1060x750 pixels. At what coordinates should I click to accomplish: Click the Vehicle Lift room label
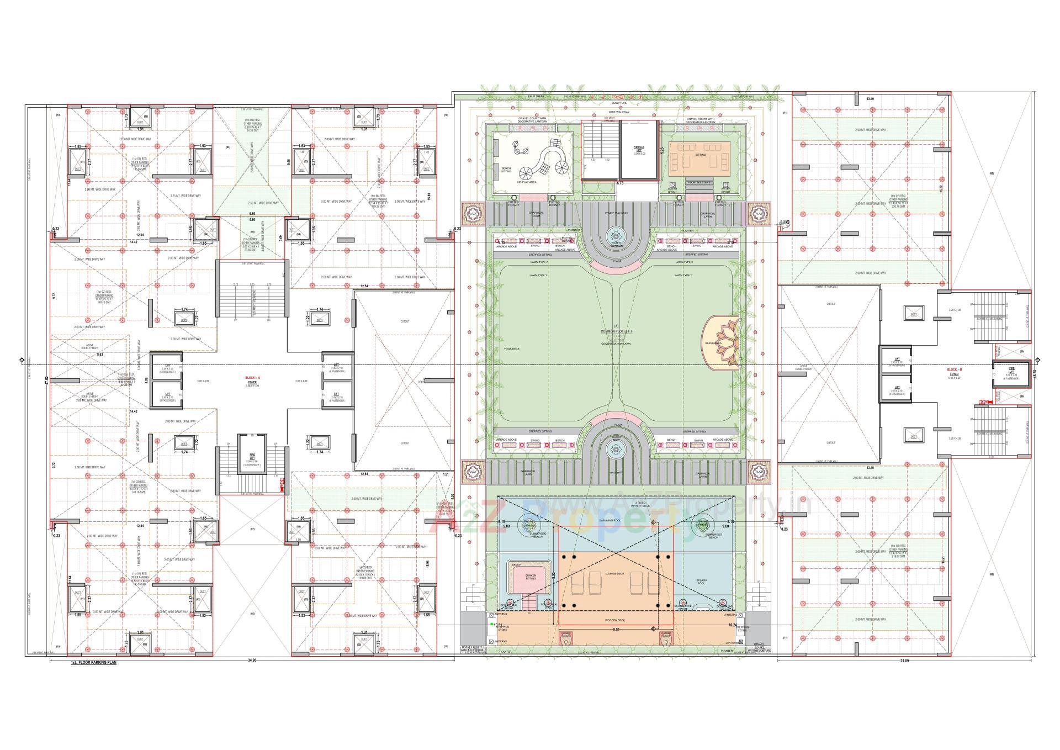click(639, 149)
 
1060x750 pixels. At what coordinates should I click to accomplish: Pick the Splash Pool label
click(701, 582)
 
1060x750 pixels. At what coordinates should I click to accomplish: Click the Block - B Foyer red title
click(954, 368)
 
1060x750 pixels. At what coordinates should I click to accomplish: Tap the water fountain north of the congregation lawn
click(616, 238)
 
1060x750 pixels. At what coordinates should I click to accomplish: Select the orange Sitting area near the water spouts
click(699, 156)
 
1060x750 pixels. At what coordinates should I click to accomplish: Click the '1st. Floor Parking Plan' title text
click(93, 662)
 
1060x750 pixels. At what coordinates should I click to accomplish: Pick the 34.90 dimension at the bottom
click(252, 660)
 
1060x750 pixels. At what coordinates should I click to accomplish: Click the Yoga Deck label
click(511, 349)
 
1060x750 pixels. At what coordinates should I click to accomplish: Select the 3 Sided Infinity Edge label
click(642, 504)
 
